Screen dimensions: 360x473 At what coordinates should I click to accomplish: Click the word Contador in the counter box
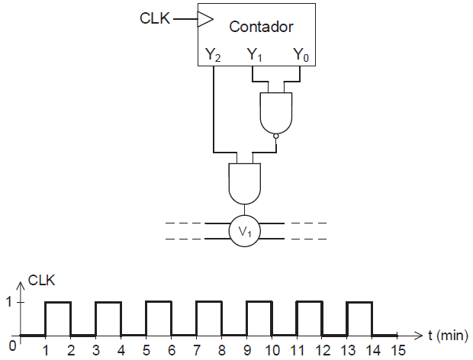(x=262, y=27)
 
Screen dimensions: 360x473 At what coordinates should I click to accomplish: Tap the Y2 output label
(x=214, y=54)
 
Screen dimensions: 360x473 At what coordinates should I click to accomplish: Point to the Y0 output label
(x=300, y=54)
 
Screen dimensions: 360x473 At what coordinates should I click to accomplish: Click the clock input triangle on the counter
(x=204, y=19)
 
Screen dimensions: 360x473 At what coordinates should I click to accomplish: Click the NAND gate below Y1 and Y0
(x=275, y=111)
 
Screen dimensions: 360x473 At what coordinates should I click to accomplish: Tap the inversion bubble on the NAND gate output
(x=275, y=137)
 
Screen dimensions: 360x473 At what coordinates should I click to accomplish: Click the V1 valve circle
(x=244, y=231)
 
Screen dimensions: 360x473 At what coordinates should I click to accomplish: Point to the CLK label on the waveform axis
(x=42, y=280)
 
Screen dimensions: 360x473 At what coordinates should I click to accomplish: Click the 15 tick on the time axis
(x=397, y=350)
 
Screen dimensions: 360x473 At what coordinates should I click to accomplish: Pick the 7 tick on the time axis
(x=196, y=350)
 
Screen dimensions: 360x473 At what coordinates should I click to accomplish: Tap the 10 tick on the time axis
(x=271, y=350)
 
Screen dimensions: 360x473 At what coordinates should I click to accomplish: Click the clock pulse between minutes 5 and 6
(x=158, y=302)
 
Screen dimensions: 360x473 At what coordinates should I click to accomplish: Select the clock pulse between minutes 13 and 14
(x=359, y=302)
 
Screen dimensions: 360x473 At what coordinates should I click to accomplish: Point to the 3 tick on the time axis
(x=95, y=350)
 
